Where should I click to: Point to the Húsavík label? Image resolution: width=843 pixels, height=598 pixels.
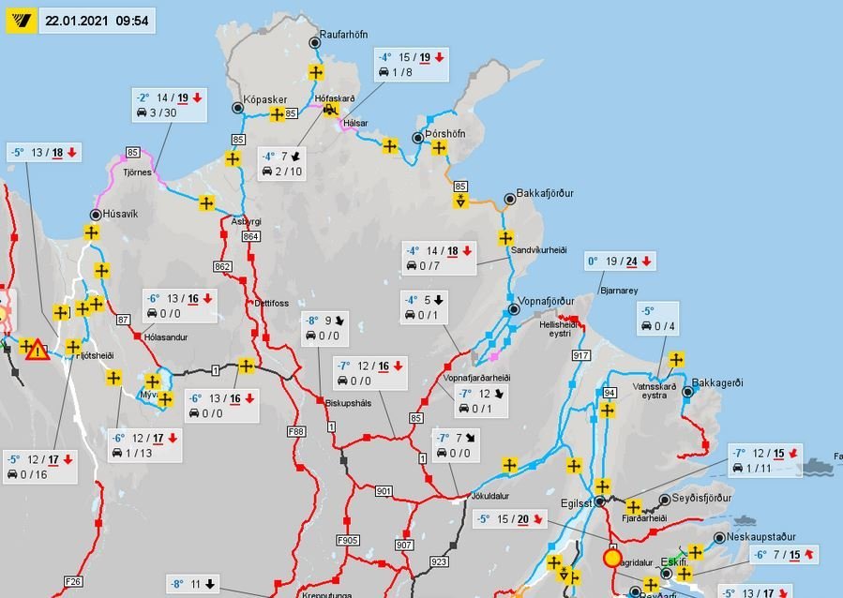point(120,214)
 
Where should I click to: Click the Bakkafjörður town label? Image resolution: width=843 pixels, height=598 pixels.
point(544,194)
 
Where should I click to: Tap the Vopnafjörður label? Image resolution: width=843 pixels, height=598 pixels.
point(545,301)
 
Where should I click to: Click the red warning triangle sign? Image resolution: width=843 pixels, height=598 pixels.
point(37,351)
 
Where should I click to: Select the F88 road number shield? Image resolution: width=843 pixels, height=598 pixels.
point(296,432)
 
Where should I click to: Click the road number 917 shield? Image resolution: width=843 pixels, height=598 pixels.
point(580,355)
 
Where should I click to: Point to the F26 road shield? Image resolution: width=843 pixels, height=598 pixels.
point(73,581)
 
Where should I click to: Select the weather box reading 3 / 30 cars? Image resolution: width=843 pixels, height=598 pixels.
point(169,105)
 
